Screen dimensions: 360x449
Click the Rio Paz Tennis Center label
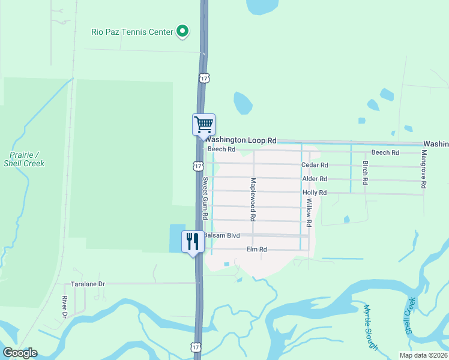point(131,32)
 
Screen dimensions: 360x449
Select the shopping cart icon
point(203,124)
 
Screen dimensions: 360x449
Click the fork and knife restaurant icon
point(193,242)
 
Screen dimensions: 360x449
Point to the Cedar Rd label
point(315,165)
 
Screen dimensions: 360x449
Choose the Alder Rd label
point(315,179)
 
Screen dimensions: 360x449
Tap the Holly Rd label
point(315,193)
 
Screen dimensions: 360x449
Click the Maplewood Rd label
point(253,197)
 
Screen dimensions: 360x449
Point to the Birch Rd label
point(365,173)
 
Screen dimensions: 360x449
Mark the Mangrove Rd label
point(424,170)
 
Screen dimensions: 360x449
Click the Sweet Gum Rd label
point(205,198)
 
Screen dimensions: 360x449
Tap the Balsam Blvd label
point(221,235)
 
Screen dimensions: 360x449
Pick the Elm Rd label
point(256,249)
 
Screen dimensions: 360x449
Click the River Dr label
point(64,305)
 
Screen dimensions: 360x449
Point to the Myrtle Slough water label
point(370,326)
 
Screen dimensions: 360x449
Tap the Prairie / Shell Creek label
point(24,158)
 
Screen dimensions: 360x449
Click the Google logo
point(20,353)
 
